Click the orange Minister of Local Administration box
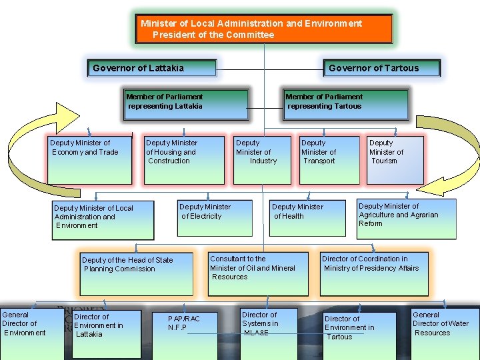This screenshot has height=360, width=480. [x=264, y=29]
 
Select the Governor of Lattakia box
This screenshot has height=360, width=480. [x=153, y=68]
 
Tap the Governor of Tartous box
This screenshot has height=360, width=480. [x=383, y=68]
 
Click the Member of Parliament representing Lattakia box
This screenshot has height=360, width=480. [x=186, y=105]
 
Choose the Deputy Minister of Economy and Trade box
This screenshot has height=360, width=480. [x=89, y=160]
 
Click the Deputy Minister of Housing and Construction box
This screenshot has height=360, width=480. [x=184, y=160]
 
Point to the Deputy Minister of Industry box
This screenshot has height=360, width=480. [x=262, y=160]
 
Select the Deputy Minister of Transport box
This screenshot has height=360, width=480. [x=328, y=160]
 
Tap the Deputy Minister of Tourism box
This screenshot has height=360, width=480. [x=395, y=160]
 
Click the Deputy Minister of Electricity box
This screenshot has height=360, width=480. [x=215, y=217]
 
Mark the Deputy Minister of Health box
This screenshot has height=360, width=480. [x=308, y=217]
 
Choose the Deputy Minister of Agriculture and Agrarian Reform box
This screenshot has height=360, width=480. [x=407, y=219]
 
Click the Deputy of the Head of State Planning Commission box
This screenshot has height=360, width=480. [x=136, y=273]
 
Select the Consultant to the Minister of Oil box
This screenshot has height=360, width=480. [x=258, y=273]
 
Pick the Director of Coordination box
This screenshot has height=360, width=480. [x=374, y=273]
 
